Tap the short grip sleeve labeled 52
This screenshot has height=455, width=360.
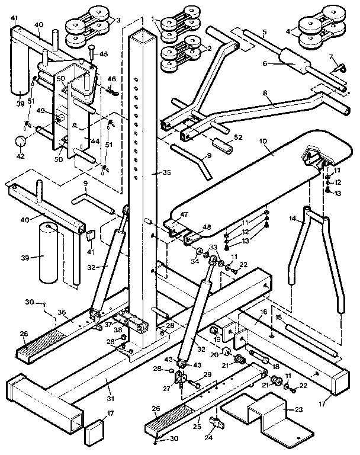pos(219,145)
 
